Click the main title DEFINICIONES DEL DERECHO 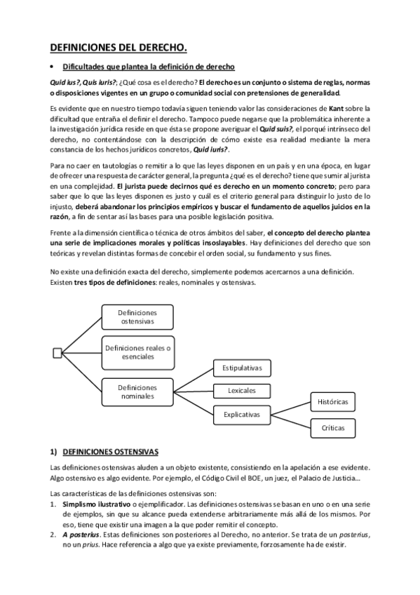click(118, 48)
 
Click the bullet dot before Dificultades click(52, 67)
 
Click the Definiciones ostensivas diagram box click(137, 316)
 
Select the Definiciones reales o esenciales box click(137, 352)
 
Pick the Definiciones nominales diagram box click(137, 392)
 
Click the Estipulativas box click(242, 368)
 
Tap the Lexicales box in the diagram click(242, 391)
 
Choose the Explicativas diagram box click(242, 415)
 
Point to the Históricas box click(333, 402)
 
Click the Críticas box click(333, 427)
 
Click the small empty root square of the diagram click(57, 352)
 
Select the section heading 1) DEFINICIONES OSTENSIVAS click(104, 452)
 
